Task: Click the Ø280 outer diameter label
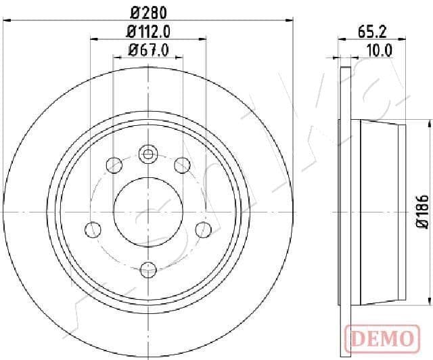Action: point(148,13)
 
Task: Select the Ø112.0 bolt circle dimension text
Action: point(148,32)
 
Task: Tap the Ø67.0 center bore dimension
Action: point(148,51)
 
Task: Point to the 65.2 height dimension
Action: point(372,32)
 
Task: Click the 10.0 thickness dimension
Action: point(379,51)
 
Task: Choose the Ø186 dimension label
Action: point(422,211)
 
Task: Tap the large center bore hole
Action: point(148,212)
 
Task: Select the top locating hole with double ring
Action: point(148,154)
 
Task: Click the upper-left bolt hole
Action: point(114,165)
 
